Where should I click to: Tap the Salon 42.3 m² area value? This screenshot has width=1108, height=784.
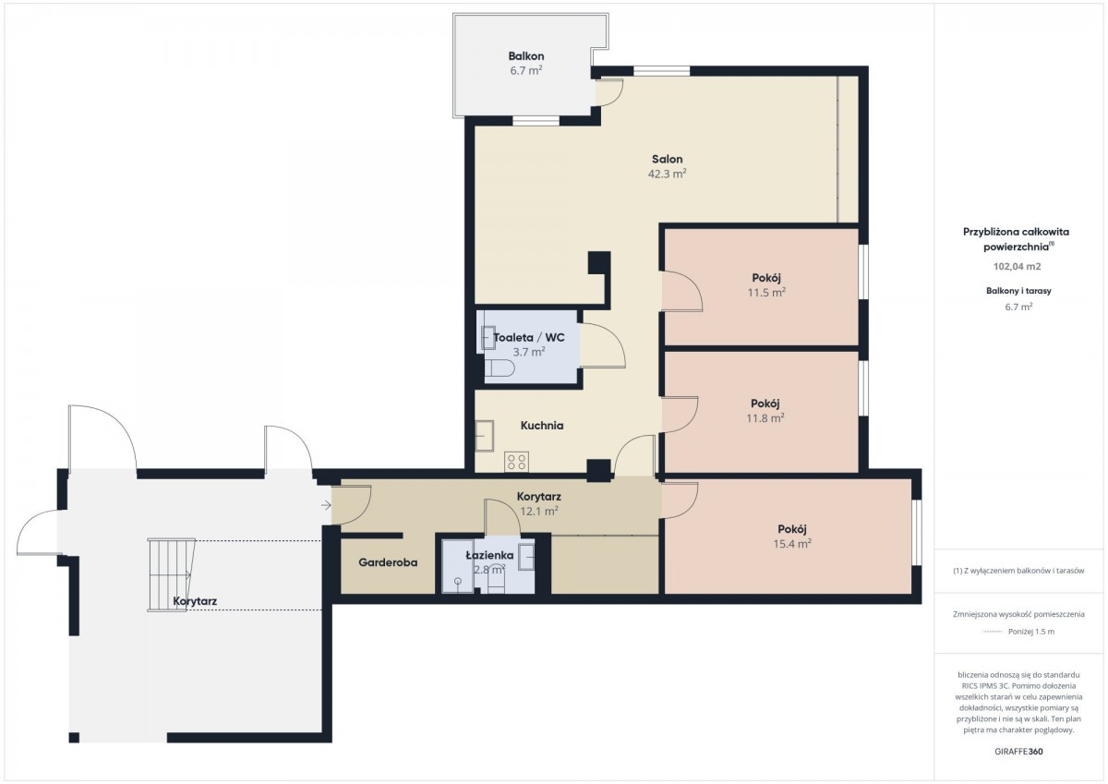(667, 174)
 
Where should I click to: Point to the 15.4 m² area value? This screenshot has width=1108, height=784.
(792, 544)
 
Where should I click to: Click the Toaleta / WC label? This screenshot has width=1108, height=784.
(529, 337)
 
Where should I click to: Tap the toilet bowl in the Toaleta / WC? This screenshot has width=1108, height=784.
(500, 368)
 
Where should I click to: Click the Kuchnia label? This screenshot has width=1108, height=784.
(542, 426)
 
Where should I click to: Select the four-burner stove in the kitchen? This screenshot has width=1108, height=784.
(516, 462)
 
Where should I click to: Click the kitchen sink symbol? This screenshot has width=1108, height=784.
(485, 436)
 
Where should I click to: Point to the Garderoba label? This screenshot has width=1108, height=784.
(388, 562)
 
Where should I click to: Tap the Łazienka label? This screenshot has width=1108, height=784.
(489, 556)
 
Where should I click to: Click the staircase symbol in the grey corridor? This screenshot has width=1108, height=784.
(171, 574)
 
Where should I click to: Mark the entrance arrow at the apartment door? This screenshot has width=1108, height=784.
(326, 505)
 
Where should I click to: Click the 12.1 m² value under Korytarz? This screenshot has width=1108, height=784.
(539, 511)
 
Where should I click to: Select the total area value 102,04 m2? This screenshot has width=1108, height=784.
(1018, 267)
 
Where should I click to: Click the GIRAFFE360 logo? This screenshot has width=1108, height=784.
(1019, 752)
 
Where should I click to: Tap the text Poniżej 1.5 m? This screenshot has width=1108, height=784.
(1031, 632)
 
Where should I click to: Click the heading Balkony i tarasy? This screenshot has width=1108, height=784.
(1018, 291)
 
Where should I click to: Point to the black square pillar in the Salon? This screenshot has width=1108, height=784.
(599, 262)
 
